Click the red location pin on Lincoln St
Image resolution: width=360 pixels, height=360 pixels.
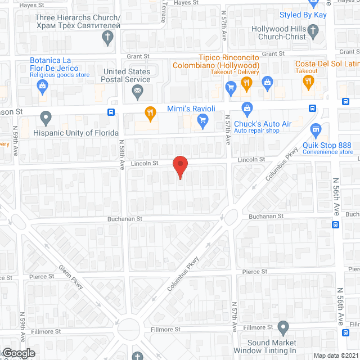179,166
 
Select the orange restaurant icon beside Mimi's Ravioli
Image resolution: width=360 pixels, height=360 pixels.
149,112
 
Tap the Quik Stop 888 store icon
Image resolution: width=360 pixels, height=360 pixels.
316,131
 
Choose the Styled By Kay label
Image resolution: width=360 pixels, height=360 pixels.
303,15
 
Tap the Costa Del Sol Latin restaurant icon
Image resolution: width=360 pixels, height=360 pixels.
308,83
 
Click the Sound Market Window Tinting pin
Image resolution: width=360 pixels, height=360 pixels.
283,327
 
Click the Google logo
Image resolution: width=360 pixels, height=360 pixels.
19,353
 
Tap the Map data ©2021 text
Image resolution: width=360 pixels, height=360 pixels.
335,355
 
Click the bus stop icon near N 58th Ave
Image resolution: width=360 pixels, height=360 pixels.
111,111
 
